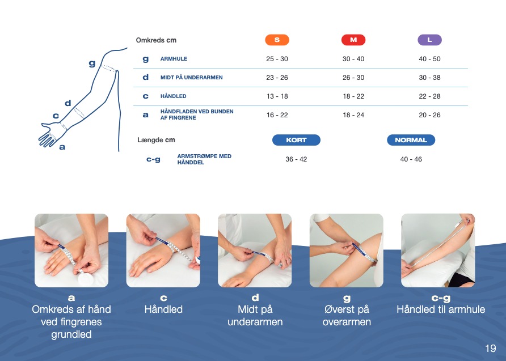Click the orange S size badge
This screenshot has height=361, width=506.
[277, 40]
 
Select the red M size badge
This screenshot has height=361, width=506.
[353, 40]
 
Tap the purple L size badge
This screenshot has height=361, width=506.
[429, 40]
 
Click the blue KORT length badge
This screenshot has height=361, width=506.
[296, 140]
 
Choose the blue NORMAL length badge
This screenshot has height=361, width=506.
[411, 140]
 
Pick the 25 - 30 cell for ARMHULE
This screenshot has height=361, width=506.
[277, 59]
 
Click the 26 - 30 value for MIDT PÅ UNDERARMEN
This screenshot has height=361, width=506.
[353, 78]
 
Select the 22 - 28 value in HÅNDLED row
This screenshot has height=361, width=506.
[429, 96]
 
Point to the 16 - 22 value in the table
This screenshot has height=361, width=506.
[277, 115]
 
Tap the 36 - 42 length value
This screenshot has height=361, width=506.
[296, 159]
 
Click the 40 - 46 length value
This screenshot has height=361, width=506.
[411, 159]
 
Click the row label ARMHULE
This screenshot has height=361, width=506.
[174, 59]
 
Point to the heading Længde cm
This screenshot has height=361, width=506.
[156, 140]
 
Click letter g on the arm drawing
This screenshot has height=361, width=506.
[92, 63]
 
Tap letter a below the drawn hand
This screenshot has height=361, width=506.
[62, 147]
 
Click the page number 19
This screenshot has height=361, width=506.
[491, 348]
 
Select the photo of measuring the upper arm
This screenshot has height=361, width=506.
[346, 250]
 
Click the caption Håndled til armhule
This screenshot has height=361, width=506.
[441, 309]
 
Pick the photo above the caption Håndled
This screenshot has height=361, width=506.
[163, 250]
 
